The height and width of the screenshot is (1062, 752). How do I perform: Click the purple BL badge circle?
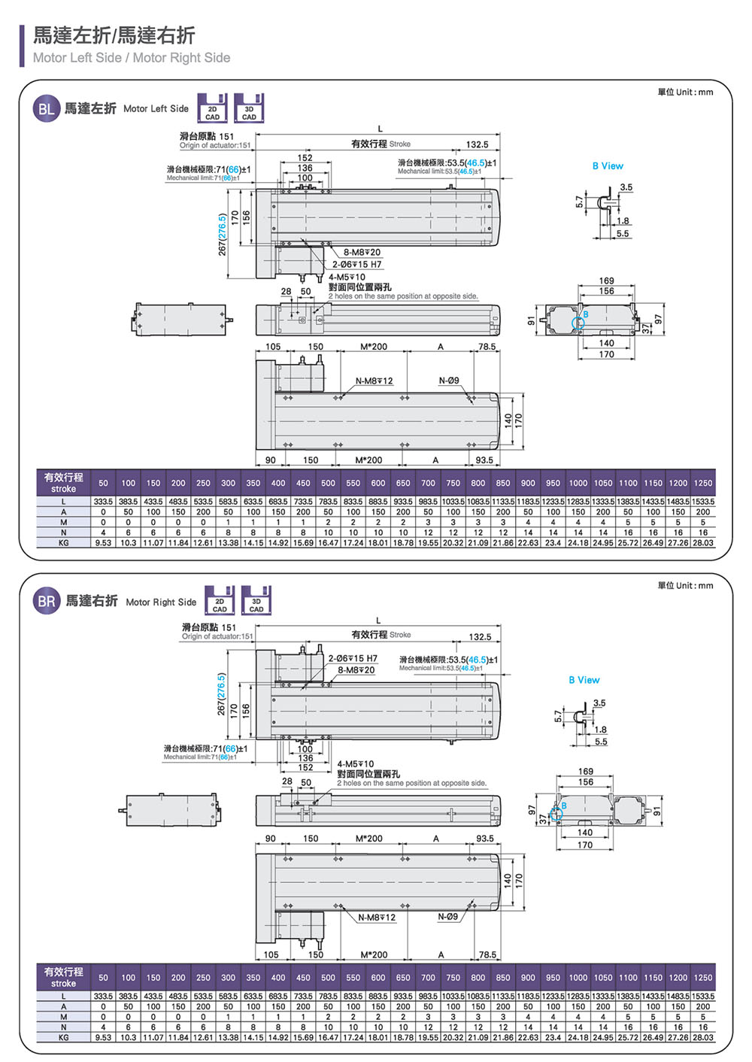pyautogui.click(x=47, y=109)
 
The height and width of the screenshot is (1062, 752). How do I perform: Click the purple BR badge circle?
pyautogui.click(x=47, y=602)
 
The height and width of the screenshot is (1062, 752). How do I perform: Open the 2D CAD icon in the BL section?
pyautogui.click(x=212, y=108)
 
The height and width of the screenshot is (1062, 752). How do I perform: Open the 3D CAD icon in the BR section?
pyautogui.click(x=256, y=601)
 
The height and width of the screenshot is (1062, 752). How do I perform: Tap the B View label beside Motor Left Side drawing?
pyautogui.click(x=608, y=166)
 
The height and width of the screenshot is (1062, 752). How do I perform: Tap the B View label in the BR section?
pyautogui.click(x=584, y=680)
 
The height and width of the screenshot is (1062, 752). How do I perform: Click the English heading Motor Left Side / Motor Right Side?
pyautogui.click(x=132, y=58)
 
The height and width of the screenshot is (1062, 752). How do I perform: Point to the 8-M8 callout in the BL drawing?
pyautogui.click(x=362, y=253)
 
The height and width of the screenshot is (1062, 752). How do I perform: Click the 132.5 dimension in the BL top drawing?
pyautogui.click(x=477, y=144)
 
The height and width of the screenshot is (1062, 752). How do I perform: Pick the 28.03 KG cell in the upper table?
pyautogui.click(x=703, y=542)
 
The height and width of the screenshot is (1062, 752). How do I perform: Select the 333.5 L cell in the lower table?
pyautogui.click(x=103, y=997)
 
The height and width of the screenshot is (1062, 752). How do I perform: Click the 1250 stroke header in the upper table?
pyautogui.click(x=703, y=484)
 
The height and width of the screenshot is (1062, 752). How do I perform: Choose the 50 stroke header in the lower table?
pyautogui.click(x=103, y=978)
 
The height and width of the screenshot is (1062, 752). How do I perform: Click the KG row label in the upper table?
pyautogui.click(x=64, y=542)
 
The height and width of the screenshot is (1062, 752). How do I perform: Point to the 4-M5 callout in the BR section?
pyautogui.click(x=351, y=764)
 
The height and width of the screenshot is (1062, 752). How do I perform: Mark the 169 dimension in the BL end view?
pyautogui.click(x=606, y=281)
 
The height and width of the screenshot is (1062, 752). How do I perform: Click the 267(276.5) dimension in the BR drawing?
pyautogui.click(x=221, y=694)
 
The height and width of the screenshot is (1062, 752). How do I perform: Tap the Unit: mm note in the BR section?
pyautogui.click(x=685, y=585)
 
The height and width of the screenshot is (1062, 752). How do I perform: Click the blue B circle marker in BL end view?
pyautogui.click(x=578, y=323)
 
